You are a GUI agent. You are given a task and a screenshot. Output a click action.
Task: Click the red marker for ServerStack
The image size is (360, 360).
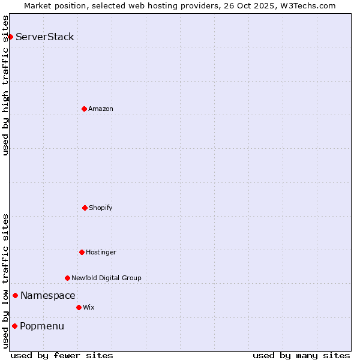pos(10,37)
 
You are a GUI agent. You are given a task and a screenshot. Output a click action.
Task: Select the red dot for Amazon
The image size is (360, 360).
pos(84,109)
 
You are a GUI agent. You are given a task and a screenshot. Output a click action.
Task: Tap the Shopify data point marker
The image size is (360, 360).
pos(85,208)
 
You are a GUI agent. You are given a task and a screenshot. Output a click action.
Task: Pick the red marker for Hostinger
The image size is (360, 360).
pos(82,252)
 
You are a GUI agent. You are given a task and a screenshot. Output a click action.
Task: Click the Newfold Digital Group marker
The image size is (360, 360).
pos(67,278)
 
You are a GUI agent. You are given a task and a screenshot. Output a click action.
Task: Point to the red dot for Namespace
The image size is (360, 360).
pos(15,295)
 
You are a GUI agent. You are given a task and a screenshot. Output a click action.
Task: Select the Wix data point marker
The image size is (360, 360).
pos(79,307)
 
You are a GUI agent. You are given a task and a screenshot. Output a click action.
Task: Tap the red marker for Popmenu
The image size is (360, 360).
pos(14,326)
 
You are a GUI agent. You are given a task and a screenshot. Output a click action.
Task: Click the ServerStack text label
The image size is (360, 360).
pos(45,37)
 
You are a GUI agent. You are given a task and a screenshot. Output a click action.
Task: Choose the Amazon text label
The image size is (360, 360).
pos(101,109)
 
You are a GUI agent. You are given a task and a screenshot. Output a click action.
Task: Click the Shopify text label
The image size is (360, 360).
pos(101,208)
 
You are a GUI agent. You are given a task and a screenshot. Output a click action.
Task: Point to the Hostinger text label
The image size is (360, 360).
pos(101,252)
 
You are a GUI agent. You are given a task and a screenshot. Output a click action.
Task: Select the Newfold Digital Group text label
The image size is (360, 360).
pos(106,278)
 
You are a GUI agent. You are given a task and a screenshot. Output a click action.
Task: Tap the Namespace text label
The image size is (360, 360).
pos(48,295)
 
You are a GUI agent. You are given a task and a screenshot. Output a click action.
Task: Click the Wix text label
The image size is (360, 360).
pos(89,307)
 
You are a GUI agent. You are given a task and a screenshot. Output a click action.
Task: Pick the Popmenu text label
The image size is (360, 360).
pos(42,326)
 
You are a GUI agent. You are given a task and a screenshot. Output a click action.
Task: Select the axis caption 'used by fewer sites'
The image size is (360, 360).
pos(62,355)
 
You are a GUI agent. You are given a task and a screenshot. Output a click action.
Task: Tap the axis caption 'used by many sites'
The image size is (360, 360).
pos(301,355)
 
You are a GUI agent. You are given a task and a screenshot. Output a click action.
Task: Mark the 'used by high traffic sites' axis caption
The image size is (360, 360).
pos(5,85)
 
